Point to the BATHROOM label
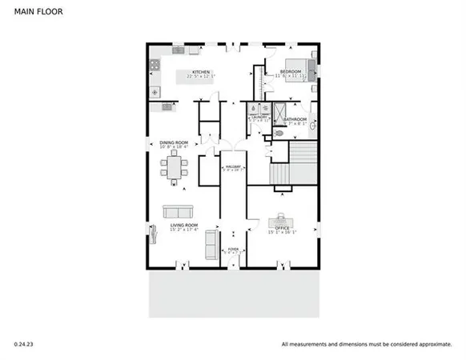[293, 119]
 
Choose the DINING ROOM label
[173, 143]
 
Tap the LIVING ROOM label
[184, 226]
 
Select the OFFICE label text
[282, 228]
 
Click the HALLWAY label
[233, 166]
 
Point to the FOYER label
[233, 249]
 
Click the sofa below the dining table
[177, 211]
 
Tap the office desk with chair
[282, 218]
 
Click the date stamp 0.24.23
[25, 344]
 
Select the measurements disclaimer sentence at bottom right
[366, 344]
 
